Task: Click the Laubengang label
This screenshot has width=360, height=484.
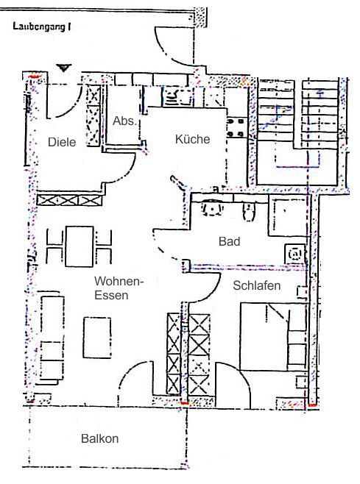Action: point(39,26)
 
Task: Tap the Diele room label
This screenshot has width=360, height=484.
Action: point(62,142)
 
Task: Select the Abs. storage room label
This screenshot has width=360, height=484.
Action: point(124,121)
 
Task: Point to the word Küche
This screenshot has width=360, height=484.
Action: point(192,139)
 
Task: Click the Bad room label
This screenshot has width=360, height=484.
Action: point(229,241)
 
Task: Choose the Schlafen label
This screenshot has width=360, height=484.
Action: point(257,285)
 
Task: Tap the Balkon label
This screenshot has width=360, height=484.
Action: point(100,438)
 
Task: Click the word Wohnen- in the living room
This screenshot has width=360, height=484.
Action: point(119,281)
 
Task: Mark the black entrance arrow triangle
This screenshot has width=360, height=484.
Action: point(63,68)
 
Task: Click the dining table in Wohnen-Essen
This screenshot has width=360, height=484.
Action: point(80,246)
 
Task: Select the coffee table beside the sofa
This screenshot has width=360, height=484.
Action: point(97,338)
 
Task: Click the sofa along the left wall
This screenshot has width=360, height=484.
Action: point(51,338)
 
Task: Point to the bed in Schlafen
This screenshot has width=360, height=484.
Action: point(273,336)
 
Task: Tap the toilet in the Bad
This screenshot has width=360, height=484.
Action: point(248,212)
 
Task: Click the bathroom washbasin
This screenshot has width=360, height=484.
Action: point(213,208)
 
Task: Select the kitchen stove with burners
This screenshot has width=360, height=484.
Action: point(237,127)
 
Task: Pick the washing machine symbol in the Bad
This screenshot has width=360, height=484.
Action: point(294,254)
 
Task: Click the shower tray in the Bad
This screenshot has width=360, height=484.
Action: point(287,216)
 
